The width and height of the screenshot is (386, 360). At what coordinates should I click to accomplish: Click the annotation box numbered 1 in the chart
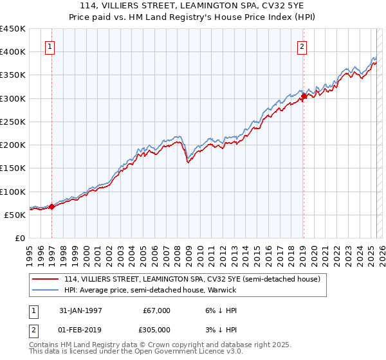[50, 46]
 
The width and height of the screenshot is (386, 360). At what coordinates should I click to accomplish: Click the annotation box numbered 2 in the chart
[302, 46]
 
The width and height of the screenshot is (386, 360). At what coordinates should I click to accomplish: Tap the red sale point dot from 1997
[52, 206]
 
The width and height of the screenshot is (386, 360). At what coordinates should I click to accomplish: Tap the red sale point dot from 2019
[304, 96]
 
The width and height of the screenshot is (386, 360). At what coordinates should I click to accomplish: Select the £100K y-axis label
[13, 192]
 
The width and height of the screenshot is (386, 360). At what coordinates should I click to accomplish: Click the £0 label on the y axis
[19, 239]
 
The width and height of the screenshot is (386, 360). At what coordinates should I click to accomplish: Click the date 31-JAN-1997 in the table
[81, 310]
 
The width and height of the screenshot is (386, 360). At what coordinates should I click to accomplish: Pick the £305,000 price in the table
[157, 329]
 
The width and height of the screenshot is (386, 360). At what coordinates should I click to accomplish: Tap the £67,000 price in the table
[157, 310]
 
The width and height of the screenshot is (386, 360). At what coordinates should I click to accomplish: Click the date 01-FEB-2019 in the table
[81, 329]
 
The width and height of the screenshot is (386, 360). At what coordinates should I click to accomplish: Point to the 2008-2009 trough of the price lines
[188, 162]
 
